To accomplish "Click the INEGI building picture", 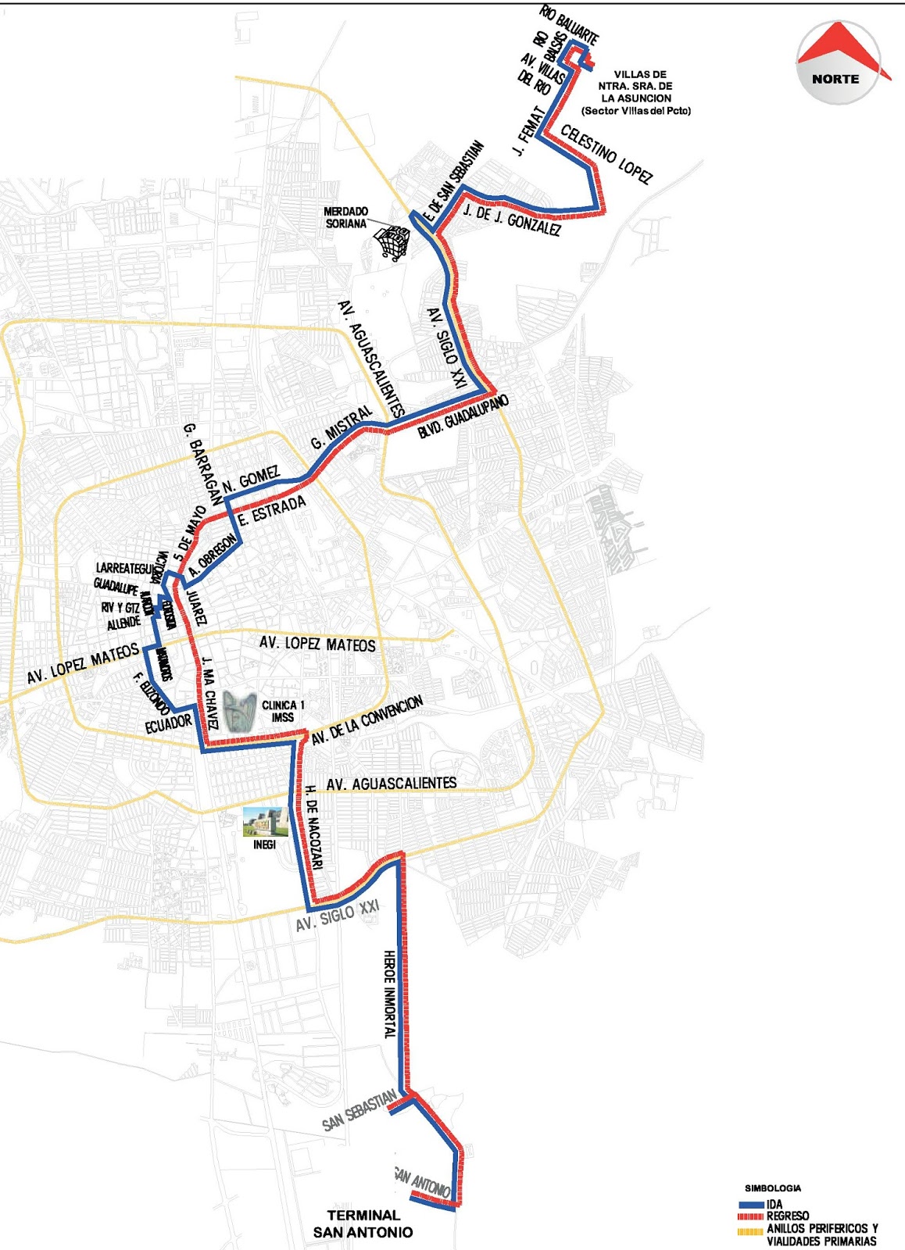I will tap(265, 824).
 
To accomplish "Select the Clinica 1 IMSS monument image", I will tap(241, 711).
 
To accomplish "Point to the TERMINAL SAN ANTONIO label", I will tap(363, 1223).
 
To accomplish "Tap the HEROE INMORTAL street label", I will tap(390, 994).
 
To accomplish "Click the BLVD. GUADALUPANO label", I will tap(463, 416).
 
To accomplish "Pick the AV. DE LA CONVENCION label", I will tap(367, 720).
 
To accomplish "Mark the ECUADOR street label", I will tap(168, 723).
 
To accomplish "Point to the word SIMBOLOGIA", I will tap(772, 1188).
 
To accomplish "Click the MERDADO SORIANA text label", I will tap(346, 217).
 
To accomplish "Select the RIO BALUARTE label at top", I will tap(569, 25).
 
